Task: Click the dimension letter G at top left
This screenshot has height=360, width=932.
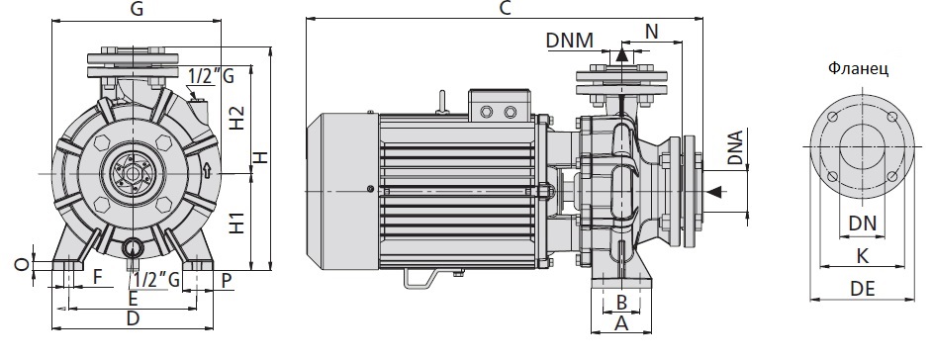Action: click(137, 9)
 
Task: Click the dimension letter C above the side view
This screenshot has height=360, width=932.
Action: click(506, 8)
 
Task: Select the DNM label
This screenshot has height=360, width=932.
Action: click(570, 41)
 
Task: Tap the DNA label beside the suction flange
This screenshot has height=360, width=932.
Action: click(736, 148)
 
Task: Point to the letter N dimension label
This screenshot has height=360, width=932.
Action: click(652, 32)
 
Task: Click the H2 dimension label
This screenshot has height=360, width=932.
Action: click(237, 118)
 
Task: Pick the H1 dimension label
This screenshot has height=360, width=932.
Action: click(237, 220)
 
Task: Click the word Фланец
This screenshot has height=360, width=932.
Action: click(859, 69)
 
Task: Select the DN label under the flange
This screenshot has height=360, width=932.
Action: click(863, 224)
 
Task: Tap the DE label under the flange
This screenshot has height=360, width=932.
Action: click(863, 289)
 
